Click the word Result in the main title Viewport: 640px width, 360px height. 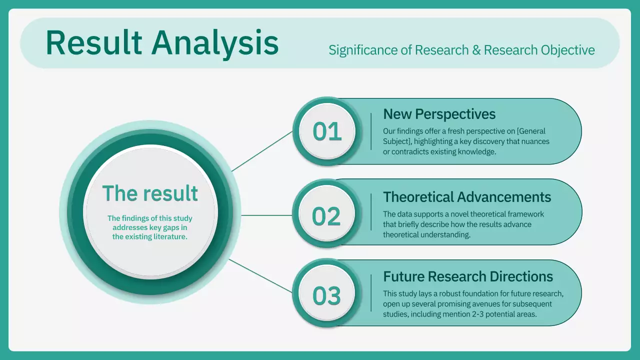(x=93, y=42)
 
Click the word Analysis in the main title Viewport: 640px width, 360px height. (x=215, y=42)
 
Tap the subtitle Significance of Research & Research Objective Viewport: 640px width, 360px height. (x=461, y=50)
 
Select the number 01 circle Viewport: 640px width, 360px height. (x=327, y=131)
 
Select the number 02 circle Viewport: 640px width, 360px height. (x=327, y=216)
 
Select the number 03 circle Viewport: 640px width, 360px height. (x=327, y=295)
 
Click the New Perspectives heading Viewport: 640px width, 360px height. (x=439, y=114)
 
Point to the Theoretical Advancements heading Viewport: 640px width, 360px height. (x=467, y=196)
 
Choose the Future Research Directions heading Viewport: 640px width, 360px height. (x=468, y=276)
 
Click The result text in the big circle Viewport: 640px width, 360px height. (x=150, y=193)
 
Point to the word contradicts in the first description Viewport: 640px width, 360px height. (x=412, y=151)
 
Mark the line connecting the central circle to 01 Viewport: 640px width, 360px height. (x=262, y=151)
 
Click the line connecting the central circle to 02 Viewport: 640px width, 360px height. (x=267, y=215)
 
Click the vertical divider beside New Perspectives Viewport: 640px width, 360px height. (x=371, y=131)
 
